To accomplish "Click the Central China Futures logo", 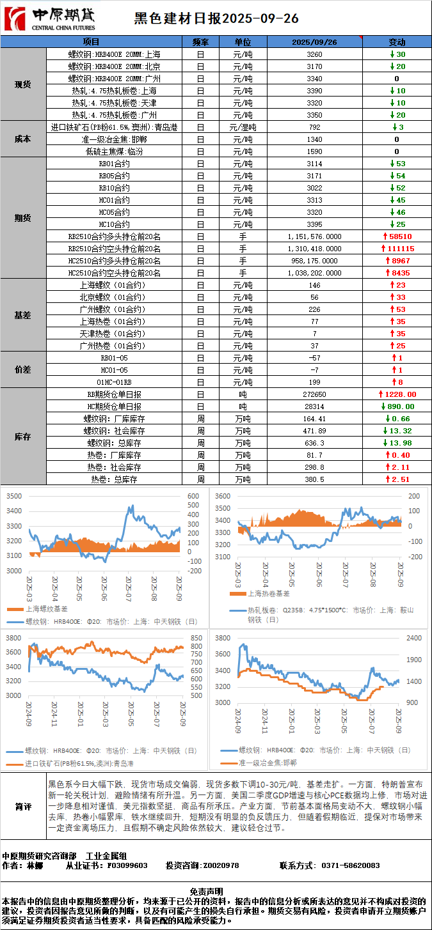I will click(x=50, y=19).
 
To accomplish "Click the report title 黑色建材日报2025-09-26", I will click(x=216, y=19).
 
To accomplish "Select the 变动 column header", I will click(x=397, y=42).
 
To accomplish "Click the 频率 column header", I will click(x=200, y=42).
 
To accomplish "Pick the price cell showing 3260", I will click(x=314, y=54).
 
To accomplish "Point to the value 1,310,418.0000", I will click(x=314, y=249).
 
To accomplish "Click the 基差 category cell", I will click(x=23, y=315).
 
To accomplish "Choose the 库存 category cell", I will click(x=23, y=437).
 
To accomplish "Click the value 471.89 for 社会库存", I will click(x=314, y=431).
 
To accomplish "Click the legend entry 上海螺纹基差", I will click(x=45, y=609).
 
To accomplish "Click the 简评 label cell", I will click(x=23, y=807).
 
